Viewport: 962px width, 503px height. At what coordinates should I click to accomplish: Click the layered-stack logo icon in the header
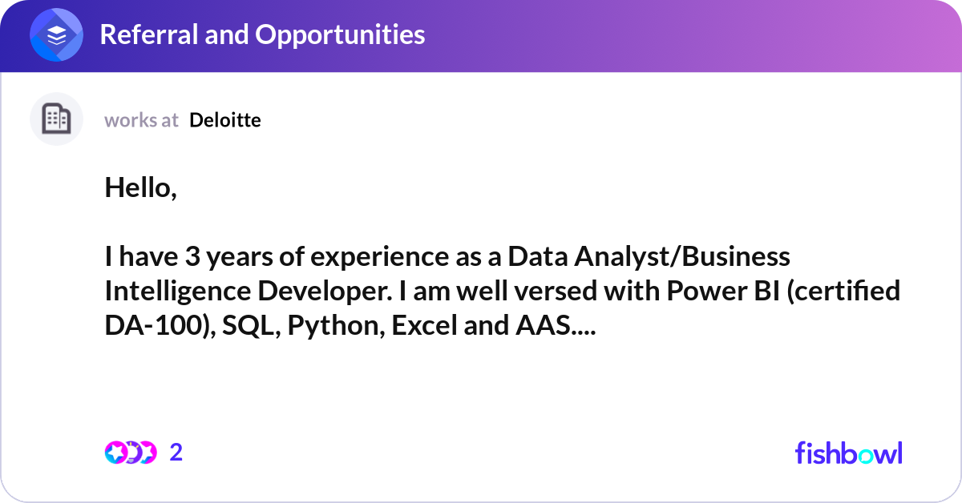coord(57,35)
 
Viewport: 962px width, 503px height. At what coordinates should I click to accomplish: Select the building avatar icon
coord(56,119)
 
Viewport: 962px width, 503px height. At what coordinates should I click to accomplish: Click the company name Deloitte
coord(225,120)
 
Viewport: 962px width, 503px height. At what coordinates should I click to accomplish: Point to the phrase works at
coord(141,120)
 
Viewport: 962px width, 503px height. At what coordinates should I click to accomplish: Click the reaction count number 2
coord(176,453)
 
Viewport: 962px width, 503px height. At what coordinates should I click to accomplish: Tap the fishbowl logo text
coord(848,453)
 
